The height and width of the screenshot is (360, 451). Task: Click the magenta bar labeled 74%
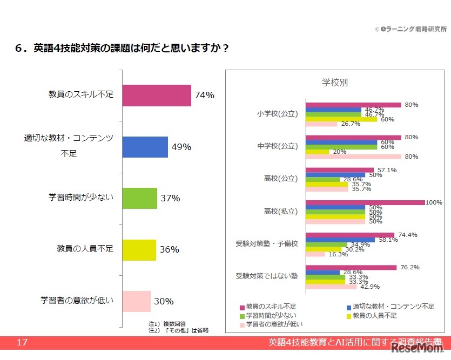tap(157, 96)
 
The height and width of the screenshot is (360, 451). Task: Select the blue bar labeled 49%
tap(145, 147)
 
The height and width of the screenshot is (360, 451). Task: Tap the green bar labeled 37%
tap(139, 198)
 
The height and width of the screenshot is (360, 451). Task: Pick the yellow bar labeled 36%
tap(139, 250)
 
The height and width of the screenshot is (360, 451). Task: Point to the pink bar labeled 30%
tap(136, 301)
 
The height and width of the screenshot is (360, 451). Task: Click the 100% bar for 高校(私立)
tap(365, 203)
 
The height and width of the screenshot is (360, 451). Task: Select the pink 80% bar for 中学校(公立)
tap(353, 157)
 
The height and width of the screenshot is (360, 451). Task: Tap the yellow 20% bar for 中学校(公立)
tap(318, 152)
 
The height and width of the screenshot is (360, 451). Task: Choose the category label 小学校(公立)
tap(278, 114)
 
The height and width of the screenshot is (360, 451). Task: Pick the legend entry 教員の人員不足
tap(375, 315)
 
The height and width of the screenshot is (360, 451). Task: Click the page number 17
tap(22, 343)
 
